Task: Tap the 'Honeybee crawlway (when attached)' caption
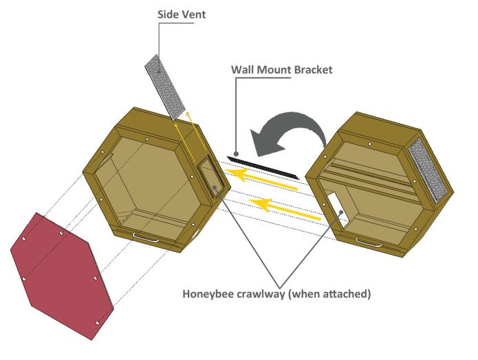tap(276, 294)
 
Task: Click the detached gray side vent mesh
tap(166, 85)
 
